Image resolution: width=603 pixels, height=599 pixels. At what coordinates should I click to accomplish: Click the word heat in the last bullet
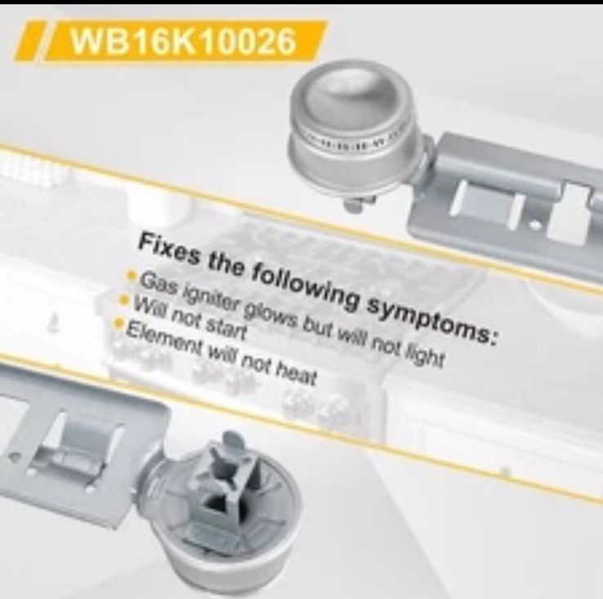pyautogui.click(x=298, y=376)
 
